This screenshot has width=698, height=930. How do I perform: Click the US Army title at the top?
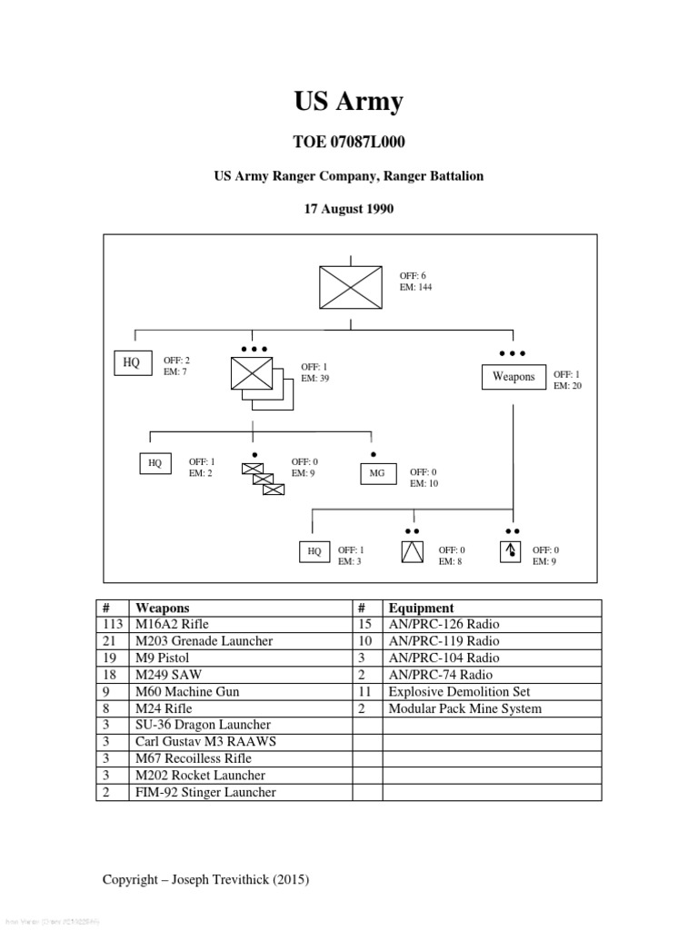(x=348, y=102)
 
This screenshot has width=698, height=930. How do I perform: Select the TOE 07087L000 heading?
(x=348, y=143)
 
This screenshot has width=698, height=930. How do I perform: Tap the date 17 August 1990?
(x=348, y=209)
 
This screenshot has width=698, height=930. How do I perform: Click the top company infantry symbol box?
(x=350, y=287)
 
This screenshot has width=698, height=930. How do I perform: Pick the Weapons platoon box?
(x=514, y=377)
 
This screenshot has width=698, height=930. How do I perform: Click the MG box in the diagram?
(x=377, y=473)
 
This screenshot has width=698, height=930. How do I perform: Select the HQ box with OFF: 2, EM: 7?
(x=132, y=363)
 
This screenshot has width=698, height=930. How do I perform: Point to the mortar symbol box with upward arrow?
(x=511, y=550)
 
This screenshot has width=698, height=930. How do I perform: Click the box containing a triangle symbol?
(x=413, y=550)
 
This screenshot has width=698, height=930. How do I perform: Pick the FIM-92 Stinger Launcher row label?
(x=205, y=793)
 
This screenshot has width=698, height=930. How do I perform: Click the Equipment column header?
(x=421, y=608)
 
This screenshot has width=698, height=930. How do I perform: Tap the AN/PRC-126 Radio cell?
(x=444, y=625)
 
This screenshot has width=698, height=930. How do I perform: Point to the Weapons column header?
(x=163, y=608)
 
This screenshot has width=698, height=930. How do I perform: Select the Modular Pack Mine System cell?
(x=464, y=708)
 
